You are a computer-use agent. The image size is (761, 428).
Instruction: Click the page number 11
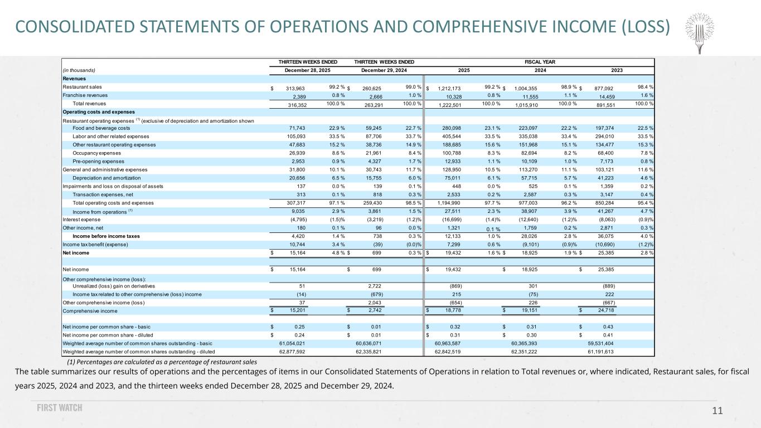point(717,411)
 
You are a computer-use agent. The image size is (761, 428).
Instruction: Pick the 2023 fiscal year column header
point(617,70)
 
